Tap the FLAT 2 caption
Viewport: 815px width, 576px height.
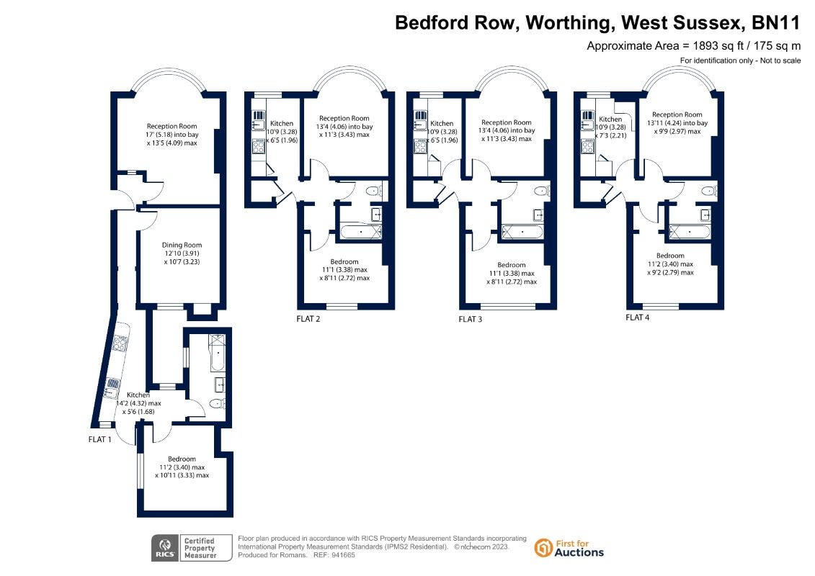(x=308, y=318)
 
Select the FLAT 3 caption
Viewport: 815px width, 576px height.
(x=471, y=318)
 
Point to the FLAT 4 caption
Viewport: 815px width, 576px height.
(x=638, y=317)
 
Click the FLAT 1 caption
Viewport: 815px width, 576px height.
(x=99, y=438)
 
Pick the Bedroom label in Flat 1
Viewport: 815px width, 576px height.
(x=182, y=459)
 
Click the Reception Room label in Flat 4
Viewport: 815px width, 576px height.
(x=677, y=114)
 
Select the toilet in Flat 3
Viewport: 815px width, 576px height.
(x=541, y=192)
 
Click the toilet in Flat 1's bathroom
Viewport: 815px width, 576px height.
(x=215, y=404)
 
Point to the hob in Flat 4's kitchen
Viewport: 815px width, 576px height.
(x=587, y=149)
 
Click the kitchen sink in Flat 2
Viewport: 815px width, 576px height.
(x=258, y=124)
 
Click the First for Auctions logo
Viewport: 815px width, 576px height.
(x=569, y=548)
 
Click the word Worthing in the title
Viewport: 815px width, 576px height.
(x=568, y=23)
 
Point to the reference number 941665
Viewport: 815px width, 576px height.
(x=341, y=556)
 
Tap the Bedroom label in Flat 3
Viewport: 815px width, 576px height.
(x=512, y=265)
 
